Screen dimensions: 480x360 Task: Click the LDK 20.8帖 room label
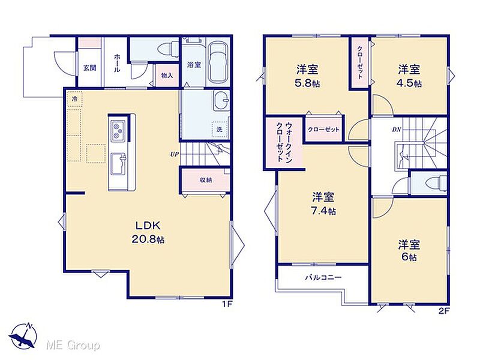tap(148, 232)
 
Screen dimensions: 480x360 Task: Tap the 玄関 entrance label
tap(89, 68)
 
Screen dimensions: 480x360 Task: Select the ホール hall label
tap(117, 63)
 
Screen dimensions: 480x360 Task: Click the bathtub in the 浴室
tap(218, 62)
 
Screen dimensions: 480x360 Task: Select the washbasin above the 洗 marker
tap(221, 100)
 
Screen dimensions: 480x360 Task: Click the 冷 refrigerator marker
tap(74, 99)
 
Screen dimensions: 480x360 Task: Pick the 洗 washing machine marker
tap(220, 130)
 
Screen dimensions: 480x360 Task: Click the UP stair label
tap(175, 154)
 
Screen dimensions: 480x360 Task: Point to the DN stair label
tap(397, 130)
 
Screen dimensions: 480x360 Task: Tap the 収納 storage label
tap(206, 180)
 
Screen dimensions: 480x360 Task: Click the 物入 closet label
tap(167, 76)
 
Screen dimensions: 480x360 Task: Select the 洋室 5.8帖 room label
tap(307, 76)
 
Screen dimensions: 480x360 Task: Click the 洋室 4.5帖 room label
tap(409, 76)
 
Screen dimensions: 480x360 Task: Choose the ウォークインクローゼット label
tap(284, 142)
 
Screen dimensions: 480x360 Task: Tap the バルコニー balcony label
tap(323, 278)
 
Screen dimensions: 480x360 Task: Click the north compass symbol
tap(23, 336)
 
